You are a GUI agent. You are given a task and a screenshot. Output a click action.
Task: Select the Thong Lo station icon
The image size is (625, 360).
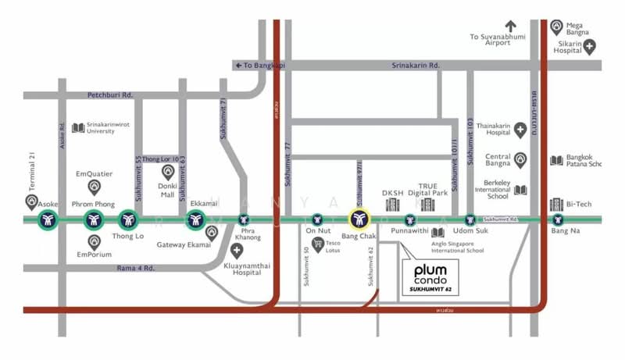click(128, 221)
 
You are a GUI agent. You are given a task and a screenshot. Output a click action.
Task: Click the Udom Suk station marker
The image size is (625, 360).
click(470, 221)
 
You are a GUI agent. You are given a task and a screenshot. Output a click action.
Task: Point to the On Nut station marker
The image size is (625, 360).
click(316, 221)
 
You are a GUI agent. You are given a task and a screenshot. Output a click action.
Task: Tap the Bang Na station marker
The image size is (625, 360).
click(557, 221)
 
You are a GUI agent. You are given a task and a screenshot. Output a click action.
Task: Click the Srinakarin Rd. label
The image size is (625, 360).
click(416, 66)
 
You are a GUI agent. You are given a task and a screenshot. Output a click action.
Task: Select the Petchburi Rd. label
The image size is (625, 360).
click(110, 95)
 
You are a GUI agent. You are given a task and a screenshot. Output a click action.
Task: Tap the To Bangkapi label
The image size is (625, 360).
click(260, 66)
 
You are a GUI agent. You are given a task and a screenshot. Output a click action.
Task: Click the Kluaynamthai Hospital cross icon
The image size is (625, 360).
click(237, 251)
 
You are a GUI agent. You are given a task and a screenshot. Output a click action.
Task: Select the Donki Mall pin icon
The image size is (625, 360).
click(166, 172)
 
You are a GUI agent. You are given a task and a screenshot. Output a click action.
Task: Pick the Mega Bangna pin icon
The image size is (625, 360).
click(557, 27)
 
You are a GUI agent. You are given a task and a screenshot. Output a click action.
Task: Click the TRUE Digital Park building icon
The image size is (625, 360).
click(427, 204)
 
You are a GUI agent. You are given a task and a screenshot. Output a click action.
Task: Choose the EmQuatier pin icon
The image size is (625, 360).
click(95, 187)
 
